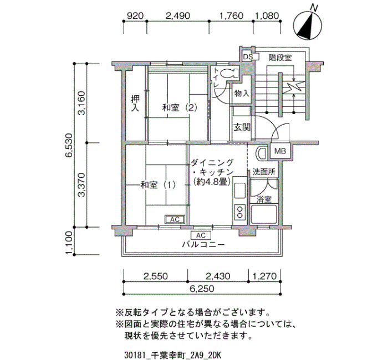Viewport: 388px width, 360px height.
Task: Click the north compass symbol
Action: (x=308, y=25)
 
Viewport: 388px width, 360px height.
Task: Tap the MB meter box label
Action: (x=280, y=151)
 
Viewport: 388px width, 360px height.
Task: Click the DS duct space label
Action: (x=248, y=57)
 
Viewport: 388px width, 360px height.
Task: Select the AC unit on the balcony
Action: (x=201, y=235)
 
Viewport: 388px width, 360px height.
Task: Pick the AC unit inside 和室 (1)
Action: (x=175, y=219)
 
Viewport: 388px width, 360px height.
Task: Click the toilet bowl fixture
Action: (x=229, y=74)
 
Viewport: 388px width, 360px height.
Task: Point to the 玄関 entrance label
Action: (x=242, y=127)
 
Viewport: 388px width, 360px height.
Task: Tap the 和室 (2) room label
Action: (x=180, y=108)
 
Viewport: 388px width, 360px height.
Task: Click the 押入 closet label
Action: (x=135, y=104)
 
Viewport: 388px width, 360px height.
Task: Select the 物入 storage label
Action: (x=242, y=94)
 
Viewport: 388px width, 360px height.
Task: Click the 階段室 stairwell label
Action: (x=280, y=58)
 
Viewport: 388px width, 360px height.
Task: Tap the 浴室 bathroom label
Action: (x=264, y=199)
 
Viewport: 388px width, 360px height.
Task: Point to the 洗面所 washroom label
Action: (x=264, y=172)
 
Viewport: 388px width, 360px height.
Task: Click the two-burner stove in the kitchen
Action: (x=239, y=212)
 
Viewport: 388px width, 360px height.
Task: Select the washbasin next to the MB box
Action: (x=261, y=153)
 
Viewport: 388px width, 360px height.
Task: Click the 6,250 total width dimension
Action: (x=202, y=289)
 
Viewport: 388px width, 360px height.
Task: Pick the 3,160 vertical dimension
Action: (x=81, y=103)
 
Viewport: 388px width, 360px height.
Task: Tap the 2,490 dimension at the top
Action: (x=178, y=16)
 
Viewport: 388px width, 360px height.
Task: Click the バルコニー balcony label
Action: (x=203, y=245)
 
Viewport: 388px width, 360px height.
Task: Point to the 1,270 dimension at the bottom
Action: (x=264, y=276)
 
